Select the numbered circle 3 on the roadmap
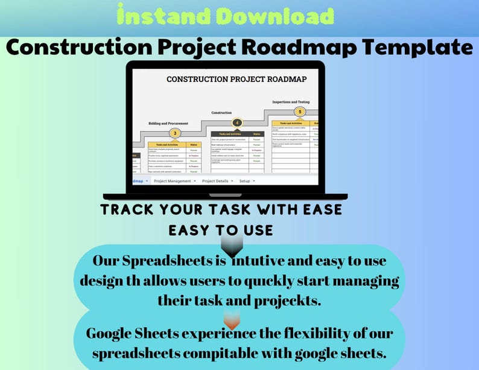176,133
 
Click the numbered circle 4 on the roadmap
236,123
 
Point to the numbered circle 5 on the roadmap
299,112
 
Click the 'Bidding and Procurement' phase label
168,123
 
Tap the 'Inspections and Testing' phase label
291,102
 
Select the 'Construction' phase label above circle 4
221,113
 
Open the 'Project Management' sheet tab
173,181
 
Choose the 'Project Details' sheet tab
215,181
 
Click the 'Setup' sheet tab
245,181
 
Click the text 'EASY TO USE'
221,230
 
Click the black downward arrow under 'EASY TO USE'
232,244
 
